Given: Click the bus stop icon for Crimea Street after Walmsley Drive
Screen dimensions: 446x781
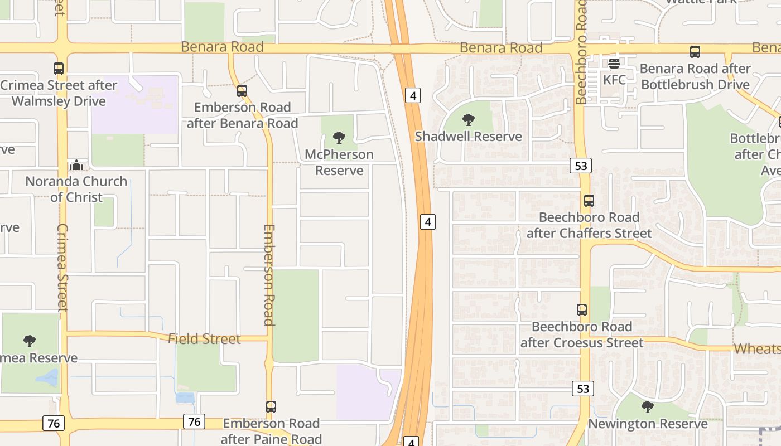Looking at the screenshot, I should (59, 69).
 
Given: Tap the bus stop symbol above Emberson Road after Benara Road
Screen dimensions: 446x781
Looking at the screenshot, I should (242, 90).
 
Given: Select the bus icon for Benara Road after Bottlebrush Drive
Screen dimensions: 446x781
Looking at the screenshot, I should (695, 52).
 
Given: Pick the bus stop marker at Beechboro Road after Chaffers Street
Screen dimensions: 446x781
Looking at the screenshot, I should (589, 201).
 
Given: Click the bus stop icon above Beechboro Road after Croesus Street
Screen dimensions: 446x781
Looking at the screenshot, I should (582, 310).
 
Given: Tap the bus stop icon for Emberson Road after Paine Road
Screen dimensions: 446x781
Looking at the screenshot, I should (271, 407).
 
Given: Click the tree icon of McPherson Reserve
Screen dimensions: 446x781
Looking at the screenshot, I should (339, 138).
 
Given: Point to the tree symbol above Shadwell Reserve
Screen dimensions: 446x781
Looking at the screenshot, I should (469, 120).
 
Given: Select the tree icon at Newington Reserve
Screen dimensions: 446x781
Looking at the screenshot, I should (648, 407).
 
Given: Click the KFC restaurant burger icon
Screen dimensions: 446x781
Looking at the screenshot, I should (614, 64).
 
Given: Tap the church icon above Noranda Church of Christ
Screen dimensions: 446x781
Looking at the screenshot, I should (76, 165).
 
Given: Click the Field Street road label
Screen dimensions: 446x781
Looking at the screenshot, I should (204, 338).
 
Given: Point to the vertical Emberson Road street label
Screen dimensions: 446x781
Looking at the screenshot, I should (269, 275).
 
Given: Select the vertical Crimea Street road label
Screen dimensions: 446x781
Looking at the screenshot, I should (62, 268).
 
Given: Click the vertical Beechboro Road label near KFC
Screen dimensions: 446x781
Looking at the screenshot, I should (582, 53).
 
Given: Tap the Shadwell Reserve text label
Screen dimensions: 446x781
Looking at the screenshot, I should (469, 137).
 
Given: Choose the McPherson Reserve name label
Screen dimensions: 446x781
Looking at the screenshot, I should (339, 162).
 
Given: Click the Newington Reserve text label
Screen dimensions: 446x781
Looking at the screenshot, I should (648, 424).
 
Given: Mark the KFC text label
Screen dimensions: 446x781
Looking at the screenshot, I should (614, 80).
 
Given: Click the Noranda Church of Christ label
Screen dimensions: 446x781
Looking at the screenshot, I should (76, 189).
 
